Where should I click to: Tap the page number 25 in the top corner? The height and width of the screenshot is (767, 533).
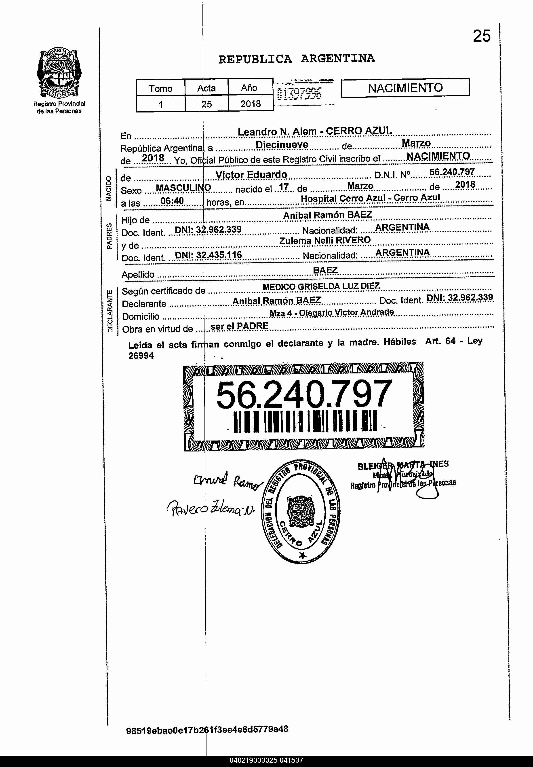click(x=482, y=36)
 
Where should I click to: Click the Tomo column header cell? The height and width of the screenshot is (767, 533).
click(x=161, y=88)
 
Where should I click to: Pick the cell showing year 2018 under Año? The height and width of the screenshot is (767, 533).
click(x=251, y=104)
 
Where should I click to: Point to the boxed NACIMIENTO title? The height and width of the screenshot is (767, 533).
click(x=405, y=88)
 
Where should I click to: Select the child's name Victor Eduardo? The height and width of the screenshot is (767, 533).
click(x=251, y=175)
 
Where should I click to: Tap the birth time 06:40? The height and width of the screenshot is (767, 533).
click(x=172, y=201)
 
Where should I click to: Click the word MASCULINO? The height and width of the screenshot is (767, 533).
click(x=183, y=188)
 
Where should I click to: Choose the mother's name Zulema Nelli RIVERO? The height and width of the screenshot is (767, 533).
click(x=325, y=240)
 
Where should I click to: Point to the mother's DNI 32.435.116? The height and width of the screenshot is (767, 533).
click(x=208, y=255)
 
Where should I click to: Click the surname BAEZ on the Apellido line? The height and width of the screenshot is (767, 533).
click(x=325, y=270)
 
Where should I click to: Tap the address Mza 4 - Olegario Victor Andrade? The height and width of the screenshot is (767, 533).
click(x=332, y=312)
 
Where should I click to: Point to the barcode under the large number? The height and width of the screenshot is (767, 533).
click(x=305, y=421)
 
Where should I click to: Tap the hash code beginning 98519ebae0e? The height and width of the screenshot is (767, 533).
click(x=207, y=729)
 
